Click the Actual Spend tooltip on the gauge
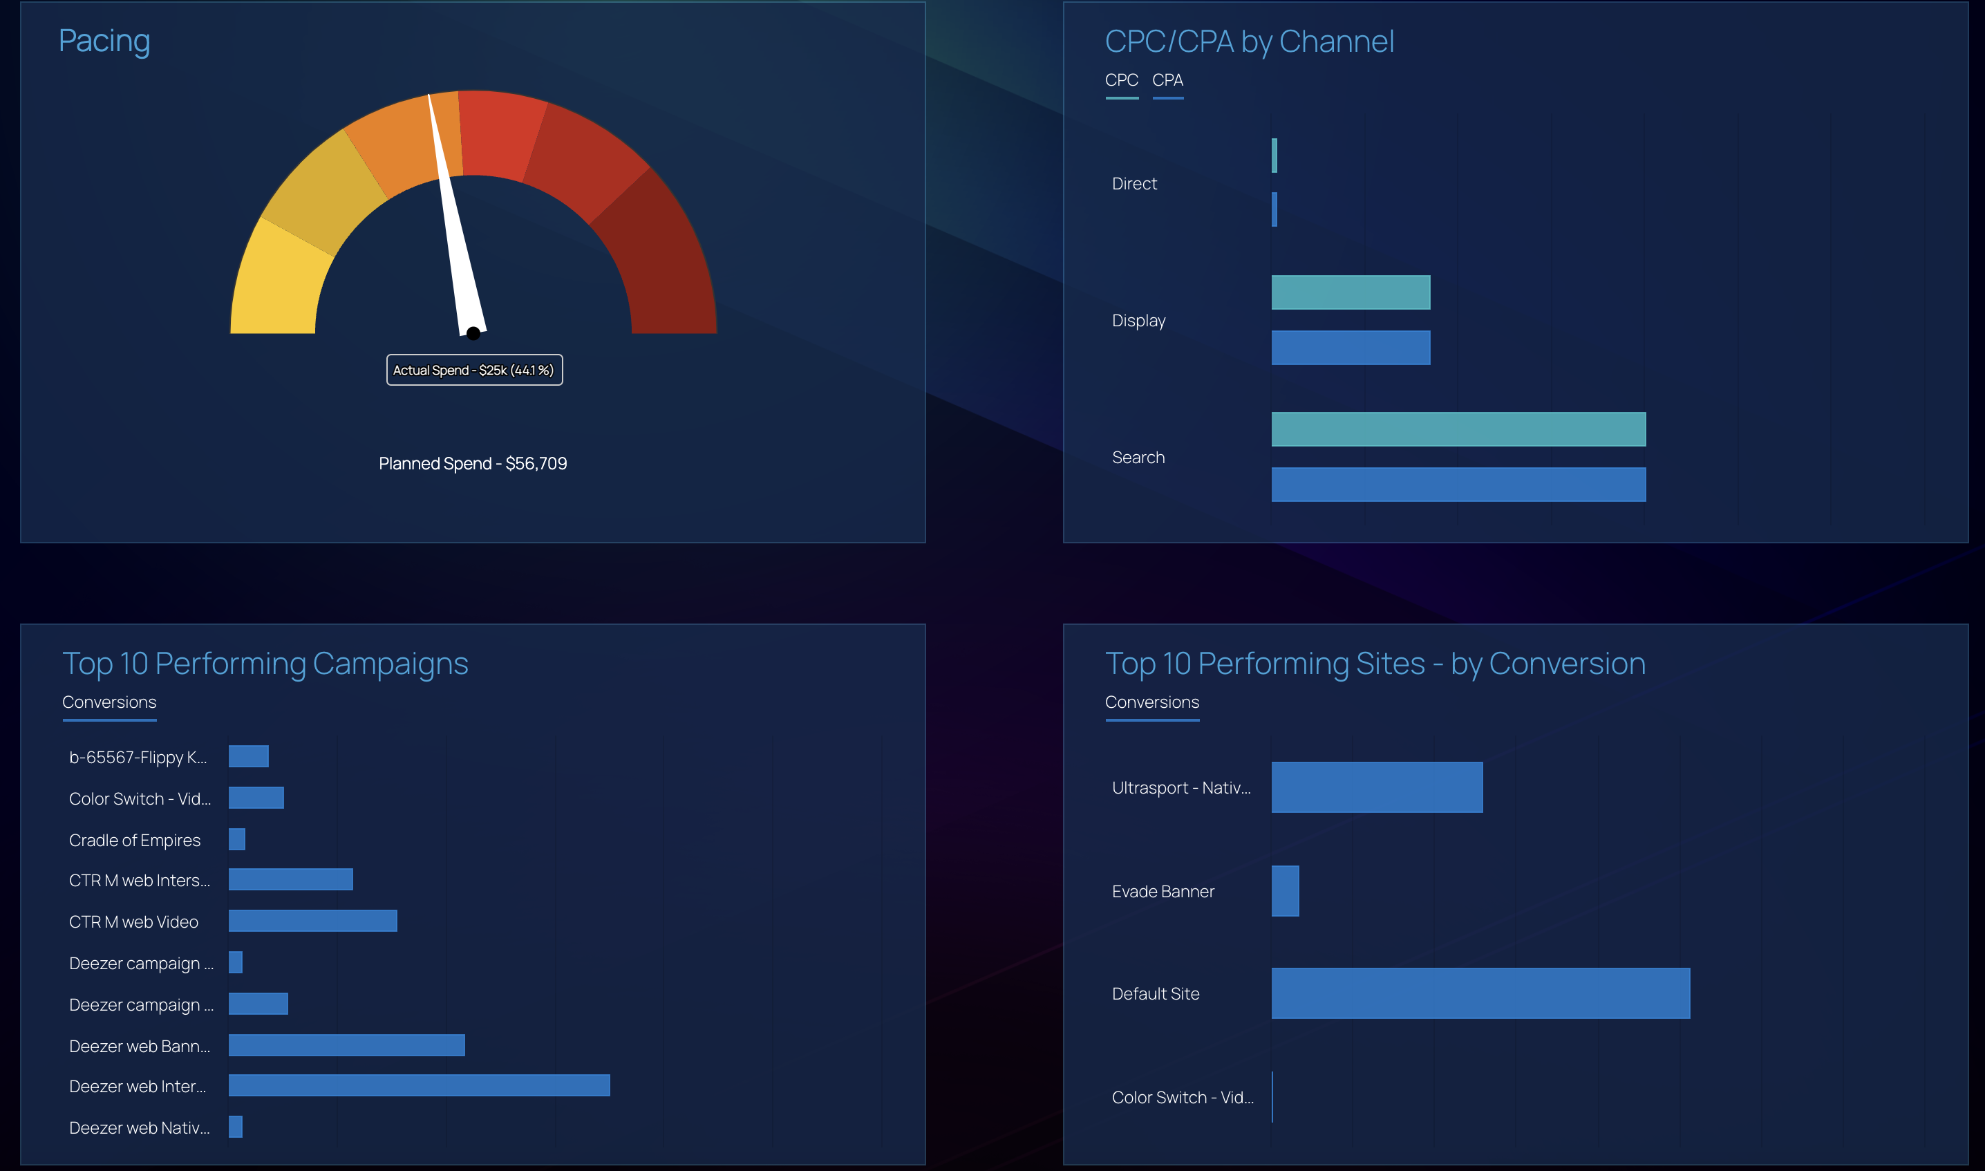coord(474,370)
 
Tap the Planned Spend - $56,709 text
coord(473,463)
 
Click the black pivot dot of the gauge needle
coord(473,333)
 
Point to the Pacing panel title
coord(104,41)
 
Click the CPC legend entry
coord(1121,80)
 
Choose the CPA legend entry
coord(1167,80)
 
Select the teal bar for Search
coord(1458,429)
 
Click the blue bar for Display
coord(1351,347)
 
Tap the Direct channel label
coord(1134,184)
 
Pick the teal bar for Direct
coord(1274,156)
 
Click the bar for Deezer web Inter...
coord(419,1085)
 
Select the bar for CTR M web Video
coord(312,921)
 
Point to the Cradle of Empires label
coord(135,841)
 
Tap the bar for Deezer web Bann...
coord(346,1044)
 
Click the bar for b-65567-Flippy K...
coord(249,756)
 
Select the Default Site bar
coord(1480,993)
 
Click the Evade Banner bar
coord(1285,891)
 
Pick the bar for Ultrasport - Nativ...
coord(1377,787)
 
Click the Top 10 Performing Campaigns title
coord(265,664)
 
